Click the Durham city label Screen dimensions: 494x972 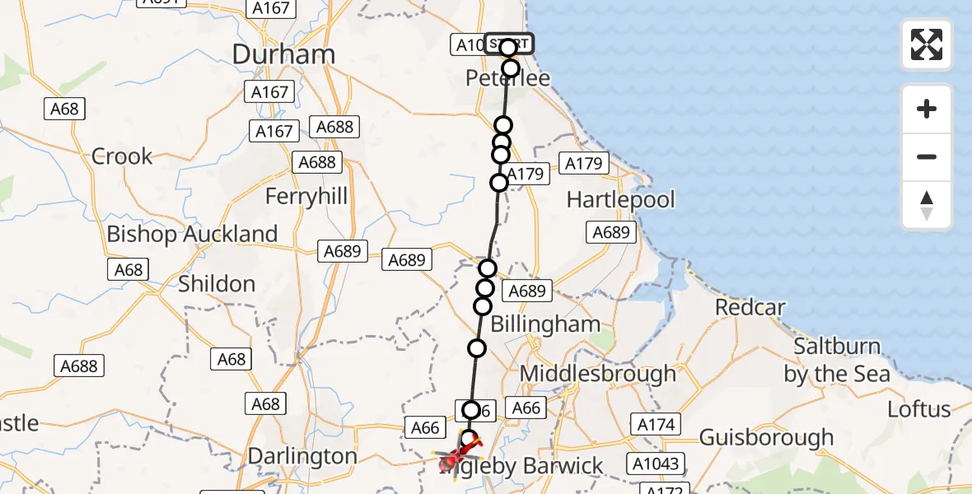(x=283, y=54)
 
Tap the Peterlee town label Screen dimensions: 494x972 (x=507, y=79)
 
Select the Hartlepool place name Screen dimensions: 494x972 (x=620, y=199)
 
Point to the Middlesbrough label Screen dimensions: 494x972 (x=598, y=374)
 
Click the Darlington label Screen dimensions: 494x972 (x=302, y=456)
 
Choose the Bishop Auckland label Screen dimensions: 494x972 (x=192, y=235)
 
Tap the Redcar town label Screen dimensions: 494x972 (x=750, y=308)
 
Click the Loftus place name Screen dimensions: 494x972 (x=919, y=409)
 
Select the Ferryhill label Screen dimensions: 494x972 (x=306, y=197)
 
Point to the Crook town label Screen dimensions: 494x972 (x=122, y=156)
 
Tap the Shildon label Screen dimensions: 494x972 (x=217, y=284)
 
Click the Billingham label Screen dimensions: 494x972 (x=545, y=324)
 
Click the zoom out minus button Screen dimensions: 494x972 (x=927, y=157)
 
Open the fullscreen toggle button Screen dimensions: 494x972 (x=927, y=44)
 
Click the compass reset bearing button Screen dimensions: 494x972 (x=927, y=205)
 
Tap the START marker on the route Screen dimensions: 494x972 (x=508, y=44)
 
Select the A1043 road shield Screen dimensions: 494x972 (x=657, y=464)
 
